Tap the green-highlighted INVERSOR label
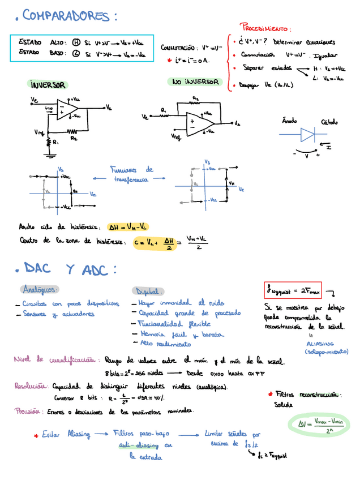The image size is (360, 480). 48,85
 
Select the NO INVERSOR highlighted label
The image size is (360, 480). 195,82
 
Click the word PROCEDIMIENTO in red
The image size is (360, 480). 266,28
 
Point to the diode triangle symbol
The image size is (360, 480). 307,135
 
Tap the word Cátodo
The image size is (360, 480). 330,122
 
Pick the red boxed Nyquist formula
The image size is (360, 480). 292,290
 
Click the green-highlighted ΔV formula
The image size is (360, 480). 320,425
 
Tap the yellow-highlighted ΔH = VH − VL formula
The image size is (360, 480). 128,227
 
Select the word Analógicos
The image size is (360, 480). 40,290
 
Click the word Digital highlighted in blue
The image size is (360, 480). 148,291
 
